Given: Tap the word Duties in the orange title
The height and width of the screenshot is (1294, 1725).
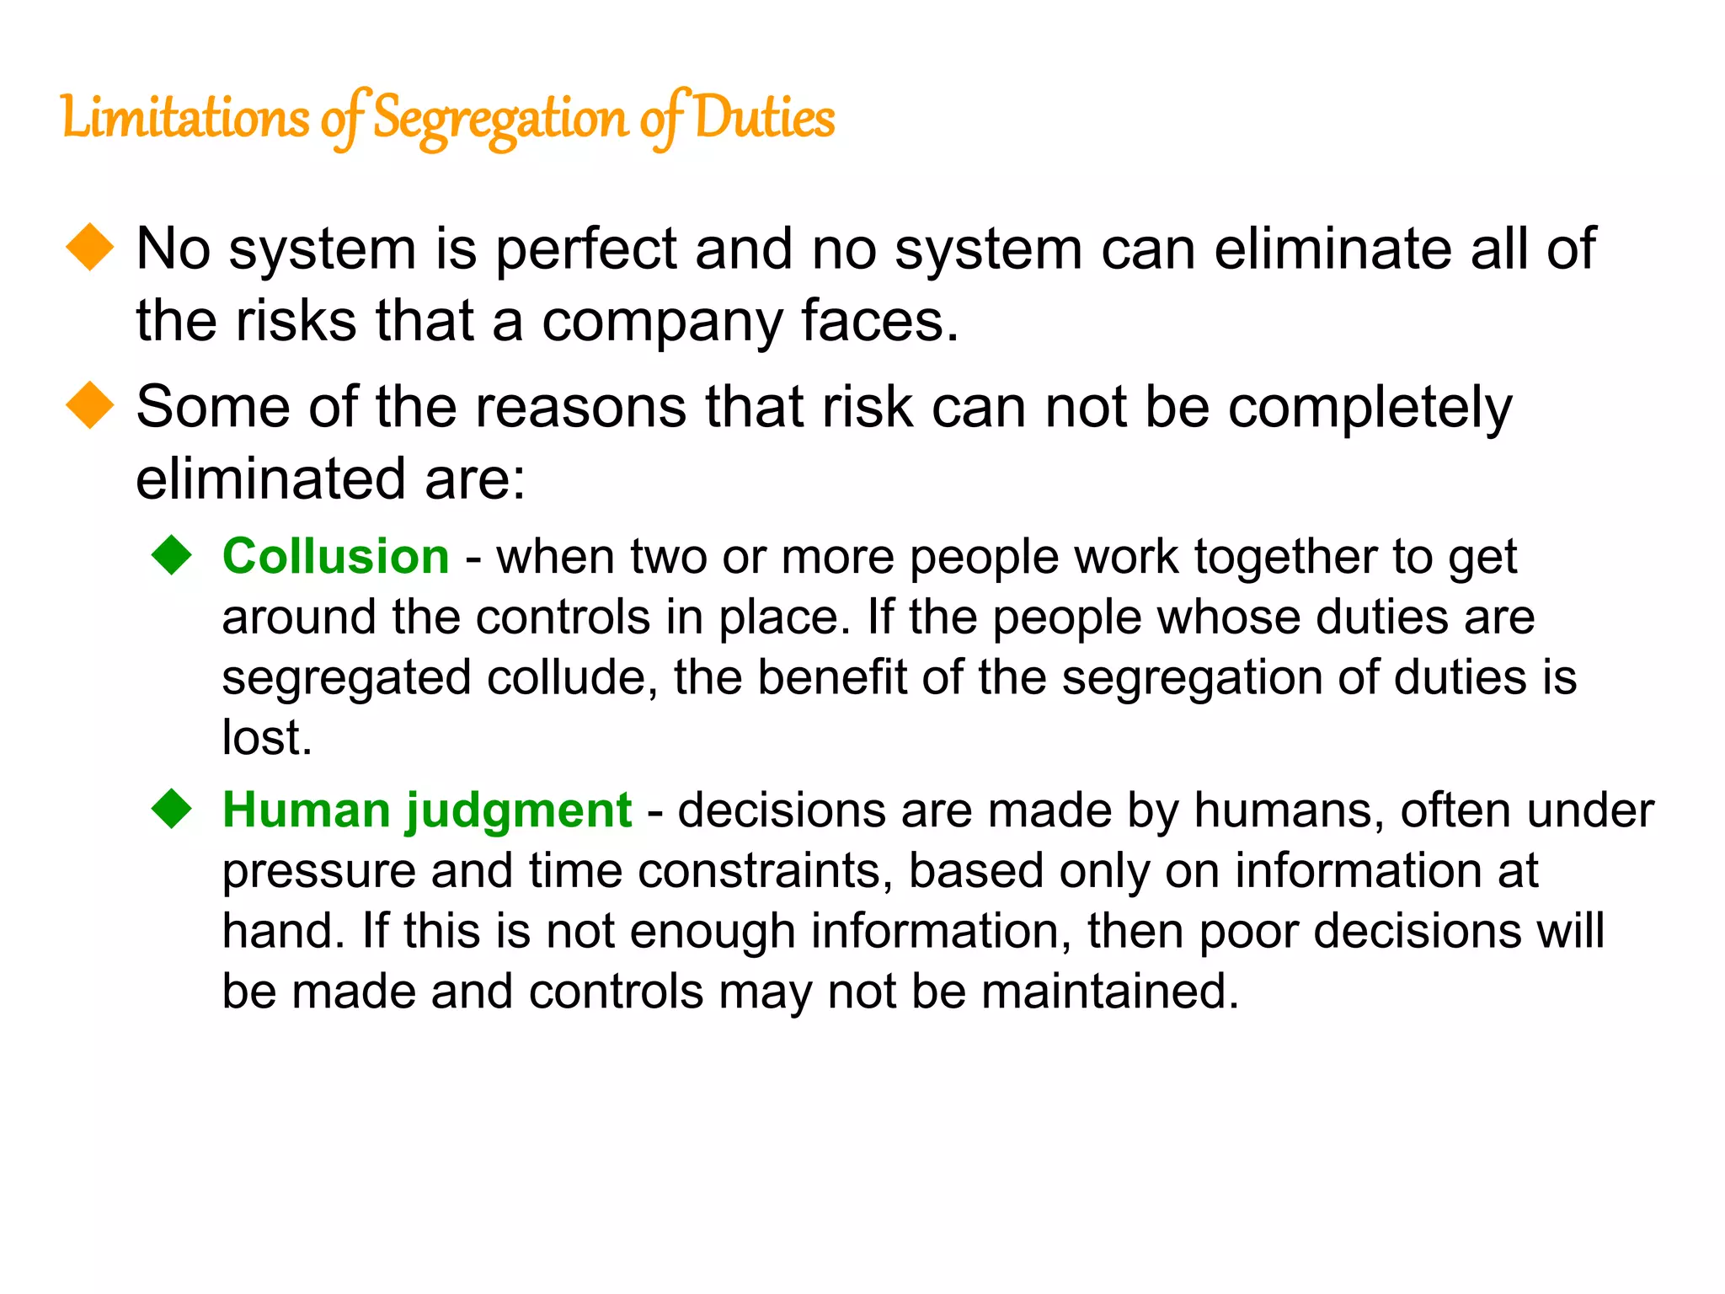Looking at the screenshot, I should tap(765, 118).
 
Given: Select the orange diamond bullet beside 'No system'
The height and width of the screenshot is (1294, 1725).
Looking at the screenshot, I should tap(90, 248).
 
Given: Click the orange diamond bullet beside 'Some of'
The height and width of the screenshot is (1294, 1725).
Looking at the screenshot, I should tap(90, 405).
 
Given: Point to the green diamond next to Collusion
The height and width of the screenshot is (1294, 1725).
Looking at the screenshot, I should tap(173, 555).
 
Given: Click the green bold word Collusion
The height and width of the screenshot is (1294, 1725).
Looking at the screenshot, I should tap(335, 557).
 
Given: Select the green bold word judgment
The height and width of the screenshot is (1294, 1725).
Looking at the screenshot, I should tap(519, 812).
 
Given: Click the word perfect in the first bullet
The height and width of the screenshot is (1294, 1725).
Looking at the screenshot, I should tap(586, 250).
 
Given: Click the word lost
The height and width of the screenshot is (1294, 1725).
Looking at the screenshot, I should tap(266, 738).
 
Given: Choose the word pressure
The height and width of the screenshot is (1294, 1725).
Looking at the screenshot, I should tap(319, 873).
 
